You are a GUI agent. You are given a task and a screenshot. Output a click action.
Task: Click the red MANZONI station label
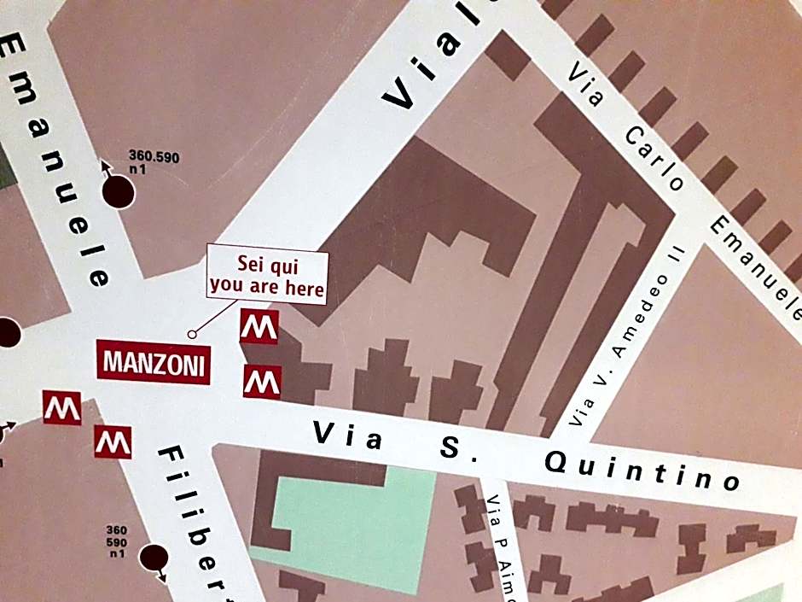[154, 363]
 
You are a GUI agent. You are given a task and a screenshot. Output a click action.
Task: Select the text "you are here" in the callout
[267, 287]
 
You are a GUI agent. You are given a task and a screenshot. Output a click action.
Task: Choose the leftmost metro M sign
[61, 408]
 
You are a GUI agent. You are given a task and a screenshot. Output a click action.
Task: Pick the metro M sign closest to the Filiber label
[113, 441]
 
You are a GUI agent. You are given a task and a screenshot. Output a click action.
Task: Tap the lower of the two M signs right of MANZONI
[262, 382]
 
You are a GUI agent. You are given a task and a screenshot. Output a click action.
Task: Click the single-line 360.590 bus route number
[154, 156]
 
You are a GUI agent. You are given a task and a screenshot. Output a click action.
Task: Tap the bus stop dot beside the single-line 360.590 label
[119, 192]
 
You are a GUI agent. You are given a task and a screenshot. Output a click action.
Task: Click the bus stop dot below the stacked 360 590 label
[154, 558]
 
